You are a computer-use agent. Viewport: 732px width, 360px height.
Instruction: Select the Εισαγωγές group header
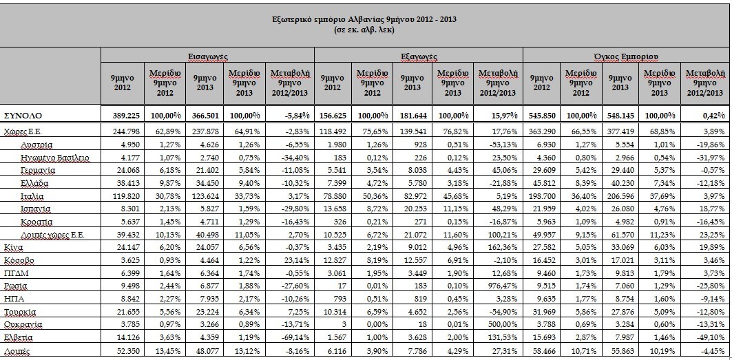208,56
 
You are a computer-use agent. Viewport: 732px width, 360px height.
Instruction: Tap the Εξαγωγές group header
419,56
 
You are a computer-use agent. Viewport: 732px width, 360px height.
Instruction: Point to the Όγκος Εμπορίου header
625,56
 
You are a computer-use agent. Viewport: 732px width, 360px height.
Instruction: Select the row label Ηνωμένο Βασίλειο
55,158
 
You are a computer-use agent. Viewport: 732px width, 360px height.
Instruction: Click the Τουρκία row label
20,311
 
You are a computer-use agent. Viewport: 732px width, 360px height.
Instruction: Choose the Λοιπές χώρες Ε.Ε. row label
53,235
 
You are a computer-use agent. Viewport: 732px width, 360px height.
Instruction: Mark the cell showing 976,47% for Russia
502,285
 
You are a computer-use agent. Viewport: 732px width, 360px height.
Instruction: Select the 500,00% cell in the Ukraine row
502,324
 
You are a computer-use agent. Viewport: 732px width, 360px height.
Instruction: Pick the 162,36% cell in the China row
502,247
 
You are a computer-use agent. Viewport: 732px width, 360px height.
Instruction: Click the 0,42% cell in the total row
715,115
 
